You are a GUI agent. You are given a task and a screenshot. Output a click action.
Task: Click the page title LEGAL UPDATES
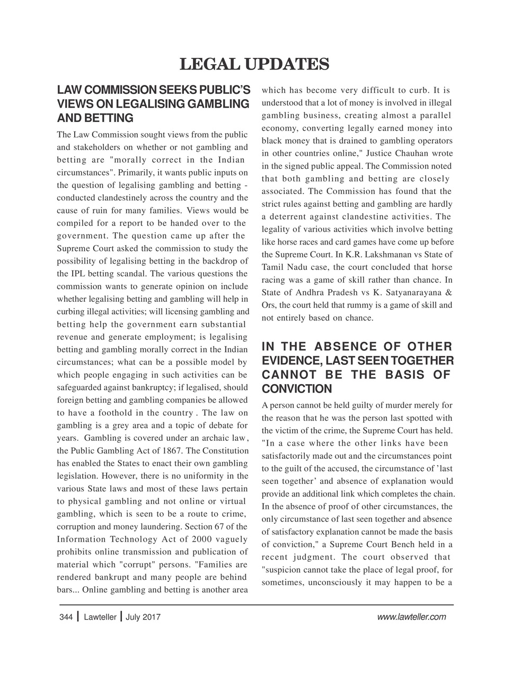[x=255, y=64]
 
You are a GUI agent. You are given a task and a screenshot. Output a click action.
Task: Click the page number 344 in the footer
[x=66, y=617]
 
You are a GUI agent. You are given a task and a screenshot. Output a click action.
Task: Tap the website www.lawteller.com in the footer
[x=411, y=617]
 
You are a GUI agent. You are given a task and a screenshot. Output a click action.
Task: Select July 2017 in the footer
[x=143, y=617]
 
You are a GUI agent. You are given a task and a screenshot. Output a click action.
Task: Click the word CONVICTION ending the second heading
[x=297, y=389]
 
